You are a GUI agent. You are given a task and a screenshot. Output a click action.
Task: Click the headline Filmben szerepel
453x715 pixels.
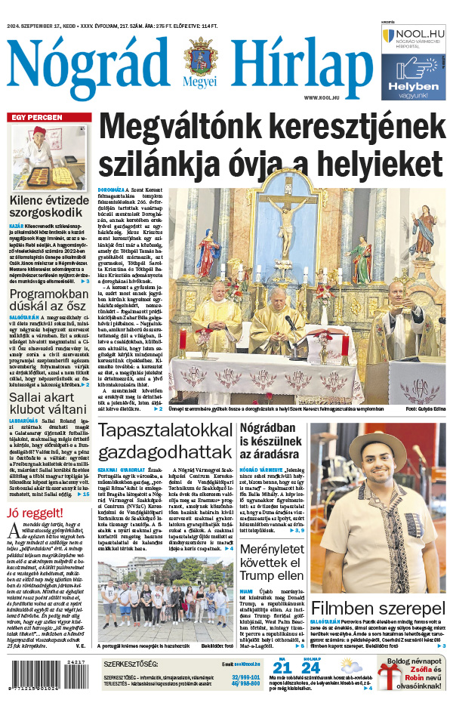(x=378, y=609)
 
